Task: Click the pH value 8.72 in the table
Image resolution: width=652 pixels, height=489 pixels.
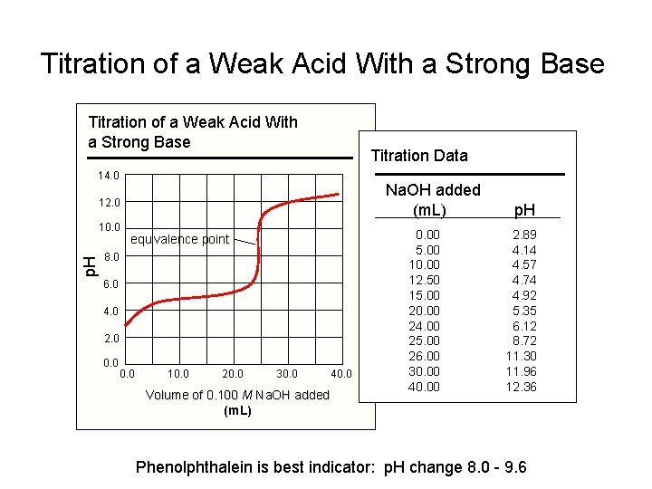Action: (x=523, y=340)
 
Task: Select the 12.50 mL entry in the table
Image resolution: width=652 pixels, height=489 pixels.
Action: (x=427, y=280)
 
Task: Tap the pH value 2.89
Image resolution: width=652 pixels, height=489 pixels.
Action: (x=523, y=234)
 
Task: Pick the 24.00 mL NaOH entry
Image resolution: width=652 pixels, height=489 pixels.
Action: (x=427, y=325)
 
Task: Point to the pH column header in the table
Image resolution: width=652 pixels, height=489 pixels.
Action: (x=523, y=210)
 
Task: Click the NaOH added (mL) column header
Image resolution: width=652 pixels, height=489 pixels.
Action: (x=433, y=200)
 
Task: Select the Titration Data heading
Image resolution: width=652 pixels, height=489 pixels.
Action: (x=419, y=156)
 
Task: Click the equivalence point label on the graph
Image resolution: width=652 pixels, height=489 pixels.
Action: (x=180, y=240)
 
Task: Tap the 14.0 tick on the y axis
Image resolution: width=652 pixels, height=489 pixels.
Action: (x=110, y=175)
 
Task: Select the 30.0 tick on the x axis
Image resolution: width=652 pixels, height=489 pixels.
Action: (x=287, y=373)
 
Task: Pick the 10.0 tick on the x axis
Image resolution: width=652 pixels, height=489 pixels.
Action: (x=178, y=373)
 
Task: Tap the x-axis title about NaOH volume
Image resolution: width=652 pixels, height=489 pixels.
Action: (x=237, y=401)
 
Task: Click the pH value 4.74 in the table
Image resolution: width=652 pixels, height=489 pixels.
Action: (x=523, y=280)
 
